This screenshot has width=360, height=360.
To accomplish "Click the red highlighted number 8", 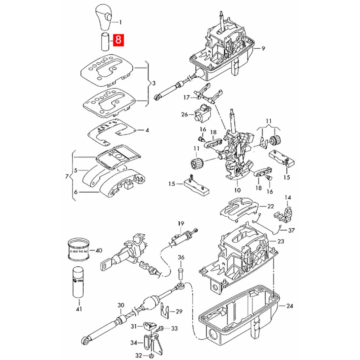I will click(x=118, y=39).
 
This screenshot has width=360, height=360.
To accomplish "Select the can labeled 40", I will click(x=79, y=250).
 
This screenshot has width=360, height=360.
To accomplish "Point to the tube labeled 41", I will click(x=78, y=282).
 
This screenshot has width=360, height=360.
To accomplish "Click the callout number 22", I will click(x=270, y=206).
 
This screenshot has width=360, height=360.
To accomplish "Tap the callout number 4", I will click(x=147, y=130).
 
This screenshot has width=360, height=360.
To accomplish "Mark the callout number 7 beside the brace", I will click(x=67, y=176).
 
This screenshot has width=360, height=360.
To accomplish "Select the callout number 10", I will click(x=237, y=185).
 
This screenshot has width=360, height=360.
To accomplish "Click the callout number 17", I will click(x=187, y=97).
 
